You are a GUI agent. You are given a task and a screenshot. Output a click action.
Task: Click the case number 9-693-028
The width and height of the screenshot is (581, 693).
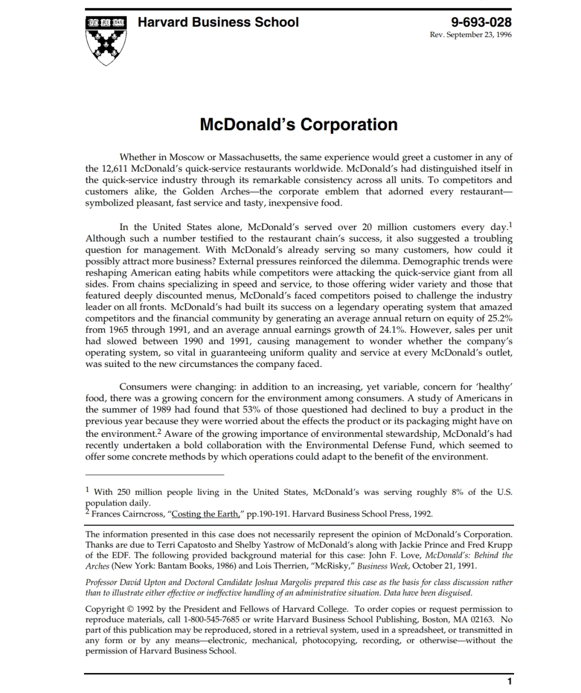481,22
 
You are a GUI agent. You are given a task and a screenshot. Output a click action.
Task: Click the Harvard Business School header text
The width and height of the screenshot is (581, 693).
218,22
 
